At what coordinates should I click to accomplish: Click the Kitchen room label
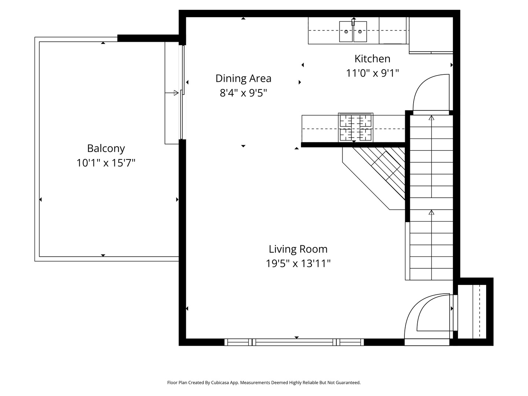(372, 59)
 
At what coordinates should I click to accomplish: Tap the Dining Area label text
(243, 78)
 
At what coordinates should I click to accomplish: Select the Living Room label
(298, 249)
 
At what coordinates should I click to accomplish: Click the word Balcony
(106, 148)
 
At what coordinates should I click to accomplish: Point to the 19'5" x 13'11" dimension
(298, 264)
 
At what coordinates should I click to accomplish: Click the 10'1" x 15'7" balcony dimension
(106, 163)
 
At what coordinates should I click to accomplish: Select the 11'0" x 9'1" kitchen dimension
(372, 73)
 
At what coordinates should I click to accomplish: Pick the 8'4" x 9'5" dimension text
(243, 93)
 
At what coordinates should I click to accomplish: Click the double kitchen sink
(353, 32)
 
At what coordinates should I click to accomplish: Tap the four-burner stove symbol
(355, 127)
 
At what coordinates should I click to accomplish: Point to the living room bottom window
(294, 342)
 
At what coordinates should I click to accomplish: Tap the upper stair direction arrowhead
(431, 118)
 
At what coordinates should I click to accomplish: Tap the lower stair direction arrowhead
(431, 212)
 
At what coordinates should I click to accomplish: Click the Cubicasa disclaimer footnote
(264, 382)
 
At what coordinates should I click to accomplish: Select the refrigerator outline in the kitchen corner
(431, 35)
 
